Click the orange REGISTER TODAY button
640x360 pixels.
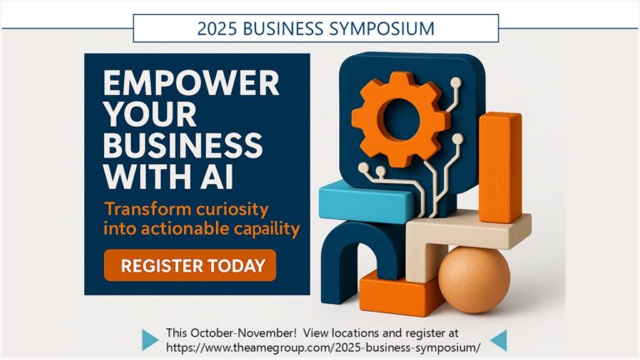click(190, 266)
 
